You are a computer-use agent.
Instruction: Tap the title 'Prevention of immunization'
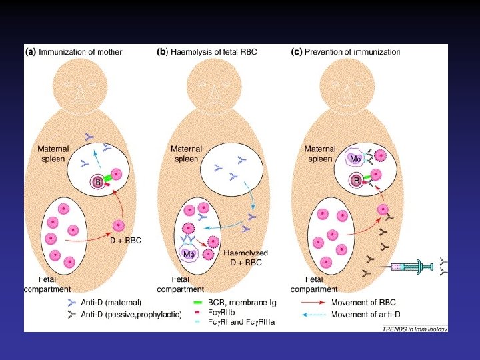coord(352,51)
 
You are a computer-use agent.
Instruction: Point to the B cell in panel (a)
coord(97,182)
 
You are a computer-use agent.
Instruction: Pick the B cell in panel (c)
coord(357,181)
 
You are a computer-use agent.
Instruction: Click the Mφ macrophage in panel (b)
coord(189,254)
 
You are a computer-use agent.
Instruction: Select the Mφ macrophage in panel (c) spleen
coord(355,159)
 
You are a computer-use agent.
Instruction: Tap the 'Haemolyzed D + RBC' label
coord(245,257)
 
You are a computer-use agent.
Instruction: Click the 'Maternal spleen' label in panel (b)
coord(186,153)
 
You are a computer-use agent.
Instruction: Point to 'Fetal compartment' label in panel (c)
coord(313,284)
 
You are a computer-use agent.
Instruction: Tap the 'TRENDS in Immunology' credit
coord(414,329)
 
